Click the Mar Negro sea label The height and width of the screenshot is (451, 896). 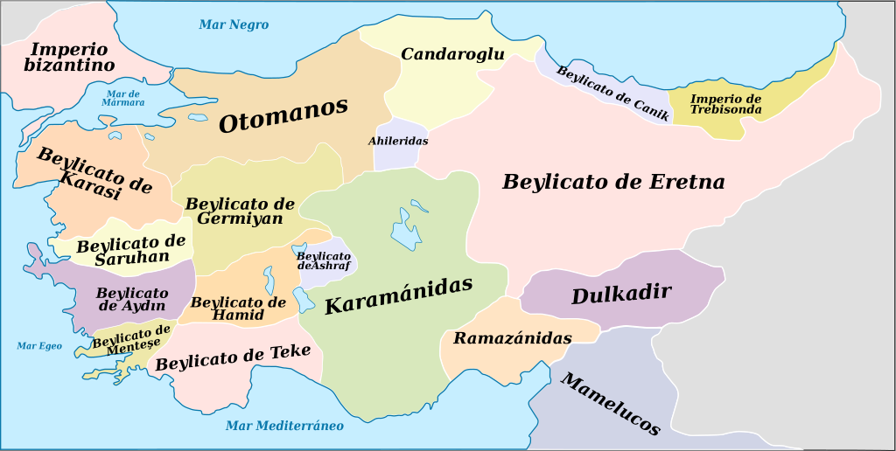pos(234,24)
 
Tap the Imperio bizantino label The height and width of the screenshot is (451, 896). pos(69,57)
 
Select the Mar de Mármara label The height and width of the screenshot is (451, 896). pos(124,98)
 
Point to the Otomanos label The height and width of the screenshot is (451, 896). pos(283,114)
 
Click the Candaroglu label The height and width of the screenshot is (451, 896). pos(452,54)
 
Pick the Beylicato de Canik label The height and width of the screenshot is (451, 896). pos(612,93)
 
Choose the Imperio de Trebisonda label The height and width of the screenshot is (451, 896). pos(725,104)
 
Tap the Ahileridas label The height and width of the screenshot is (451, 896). pos(398,140)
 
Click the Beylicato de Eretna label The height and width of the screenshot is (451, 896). pos(613,182)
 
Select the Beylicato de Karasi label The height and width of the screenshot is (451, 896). pos(94,173)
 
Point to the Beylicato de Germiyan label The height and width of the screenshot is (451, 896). pos(240,211)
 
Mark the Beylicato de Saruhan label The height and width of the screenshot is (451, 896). pos(131,250)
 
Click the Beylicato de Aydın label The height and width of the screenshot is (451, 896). pos(132,299)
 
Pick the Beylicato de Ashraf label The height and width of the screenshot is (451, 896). pos(323,260)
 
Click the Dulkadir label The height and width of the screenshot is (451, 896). pos(621,294)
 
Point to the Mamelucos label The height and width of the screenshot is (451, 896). pos(609,404)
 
